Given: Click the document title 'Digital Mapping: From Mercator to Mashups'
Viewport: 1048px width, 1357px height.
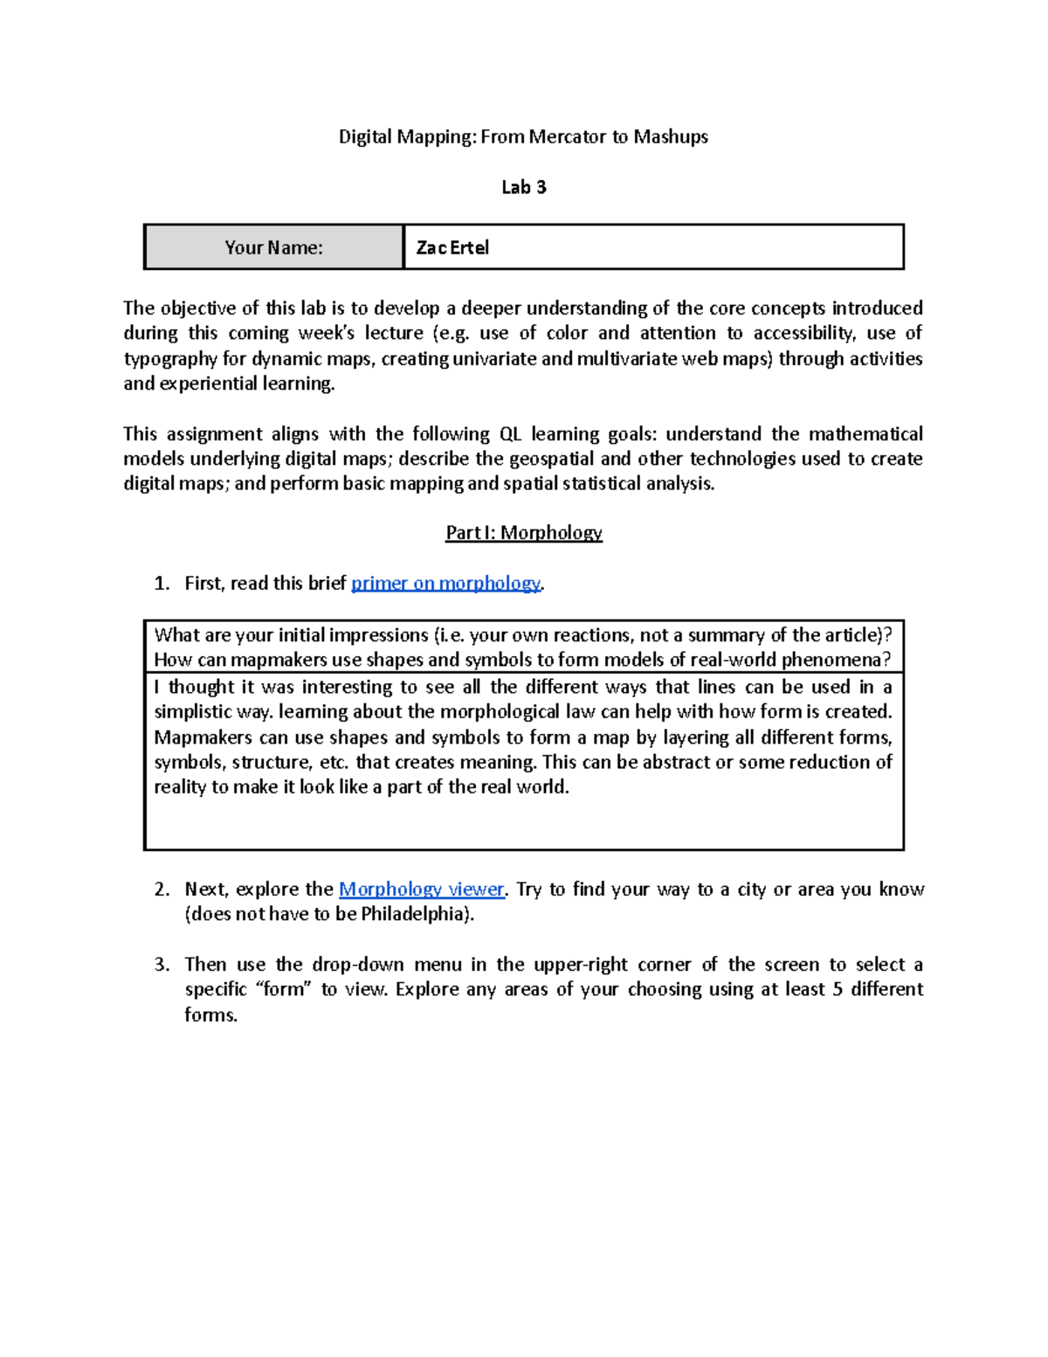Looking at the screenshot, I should pos(523,136).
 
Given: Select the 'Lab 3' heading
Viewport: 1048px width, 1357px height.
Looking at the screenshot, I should pos(523,187).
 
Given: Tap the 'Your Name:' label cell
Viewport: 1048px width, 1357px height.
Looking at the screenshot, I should pos(273,247).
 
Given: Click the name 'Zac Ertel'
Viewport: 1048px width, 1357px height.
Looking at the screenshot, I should pos(452,247).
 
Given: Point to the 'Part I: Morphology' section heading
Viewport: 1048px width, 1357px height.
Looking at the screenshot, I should pos(523,533).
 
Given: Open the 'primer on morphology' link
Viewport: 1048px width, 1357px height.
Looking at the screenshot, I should pos(445,584).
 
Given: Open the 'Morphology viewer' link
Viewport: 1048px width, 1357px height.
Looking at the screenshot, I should pos(421,890).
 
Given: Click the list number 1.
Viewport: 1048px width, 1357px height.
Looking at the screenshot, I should pos(161,584).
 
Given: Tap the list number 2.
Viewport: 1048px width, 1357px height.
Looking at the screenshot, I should pos(161,890).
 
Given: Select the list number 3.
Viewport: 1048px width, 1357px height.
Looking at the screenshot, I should pos(161,965).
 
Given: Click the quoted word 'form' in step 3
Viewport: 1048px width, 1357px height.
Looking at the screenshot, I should pos(282,989).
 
